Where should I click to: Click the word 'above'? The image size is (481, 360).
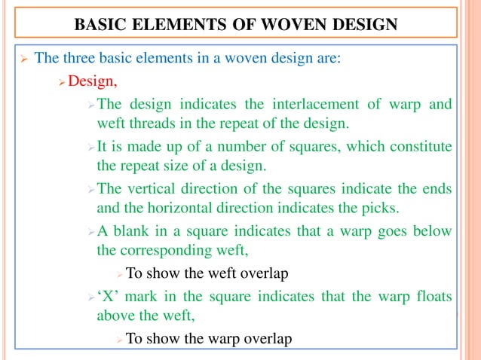(x=117, y=316)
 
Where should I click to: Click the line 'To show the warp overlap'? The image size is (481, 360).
(x=208, y=338)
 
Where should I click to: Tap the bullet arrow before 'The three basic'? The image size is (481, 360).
(x=23, y=58)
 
